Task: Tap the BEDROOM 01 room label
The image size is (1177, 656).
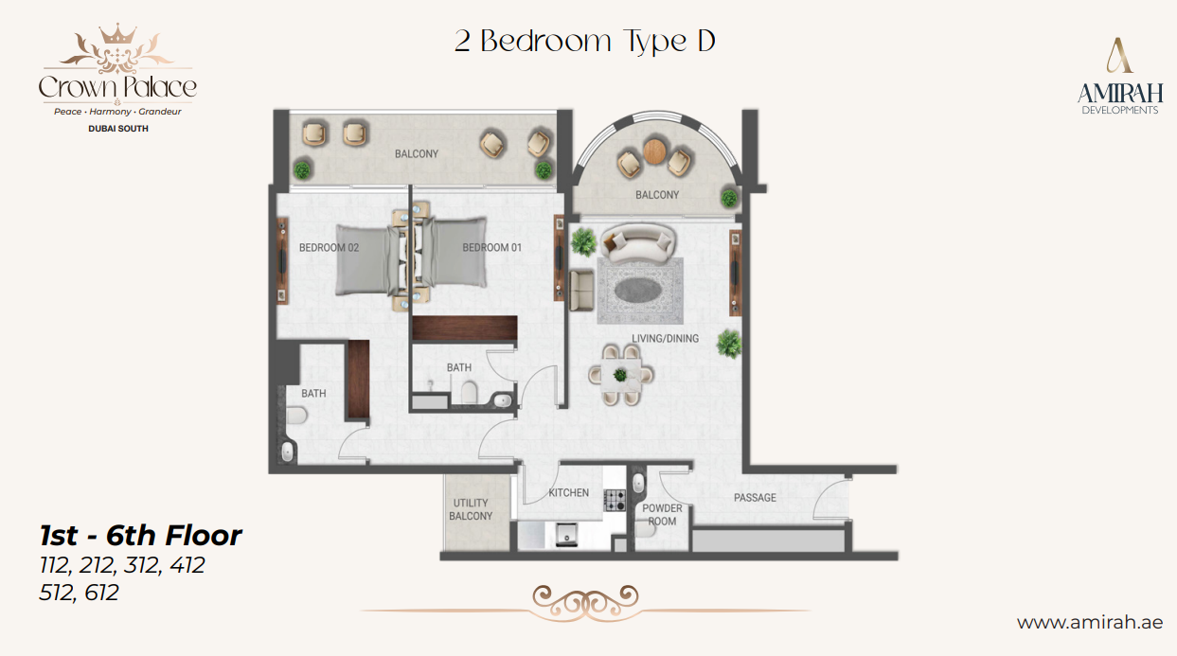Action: (492, 248)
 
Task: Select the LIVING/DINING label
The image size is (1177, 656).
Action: (666, 338)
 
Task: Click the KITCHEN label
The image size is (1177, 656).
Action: (568, 493)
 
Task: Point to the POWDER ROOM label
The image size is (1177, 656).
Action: (661, 515)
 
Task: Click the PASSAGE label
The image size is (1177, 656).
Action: (755, 498)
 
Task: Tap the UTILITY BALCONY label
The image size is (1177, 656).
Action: (471, 510)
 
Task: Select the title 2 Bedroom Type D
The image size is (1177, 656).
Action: (584, 42)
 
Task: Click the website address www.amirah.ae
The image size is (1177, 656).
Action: (1089, 622)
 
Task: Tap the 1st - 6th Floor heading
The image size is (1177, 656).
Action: (140, 536)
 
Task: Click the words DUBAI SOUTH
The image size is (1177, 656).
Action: (116, 129)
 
